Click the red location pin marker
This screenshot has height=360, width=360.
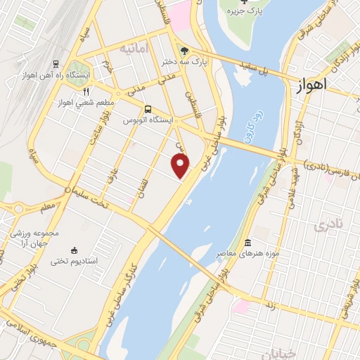point(181,166)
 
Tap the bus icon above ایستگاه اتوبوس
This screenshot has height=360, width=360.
point(148,109)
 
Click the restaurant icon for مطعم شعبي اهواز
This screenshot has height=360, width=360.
point(86,91)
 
